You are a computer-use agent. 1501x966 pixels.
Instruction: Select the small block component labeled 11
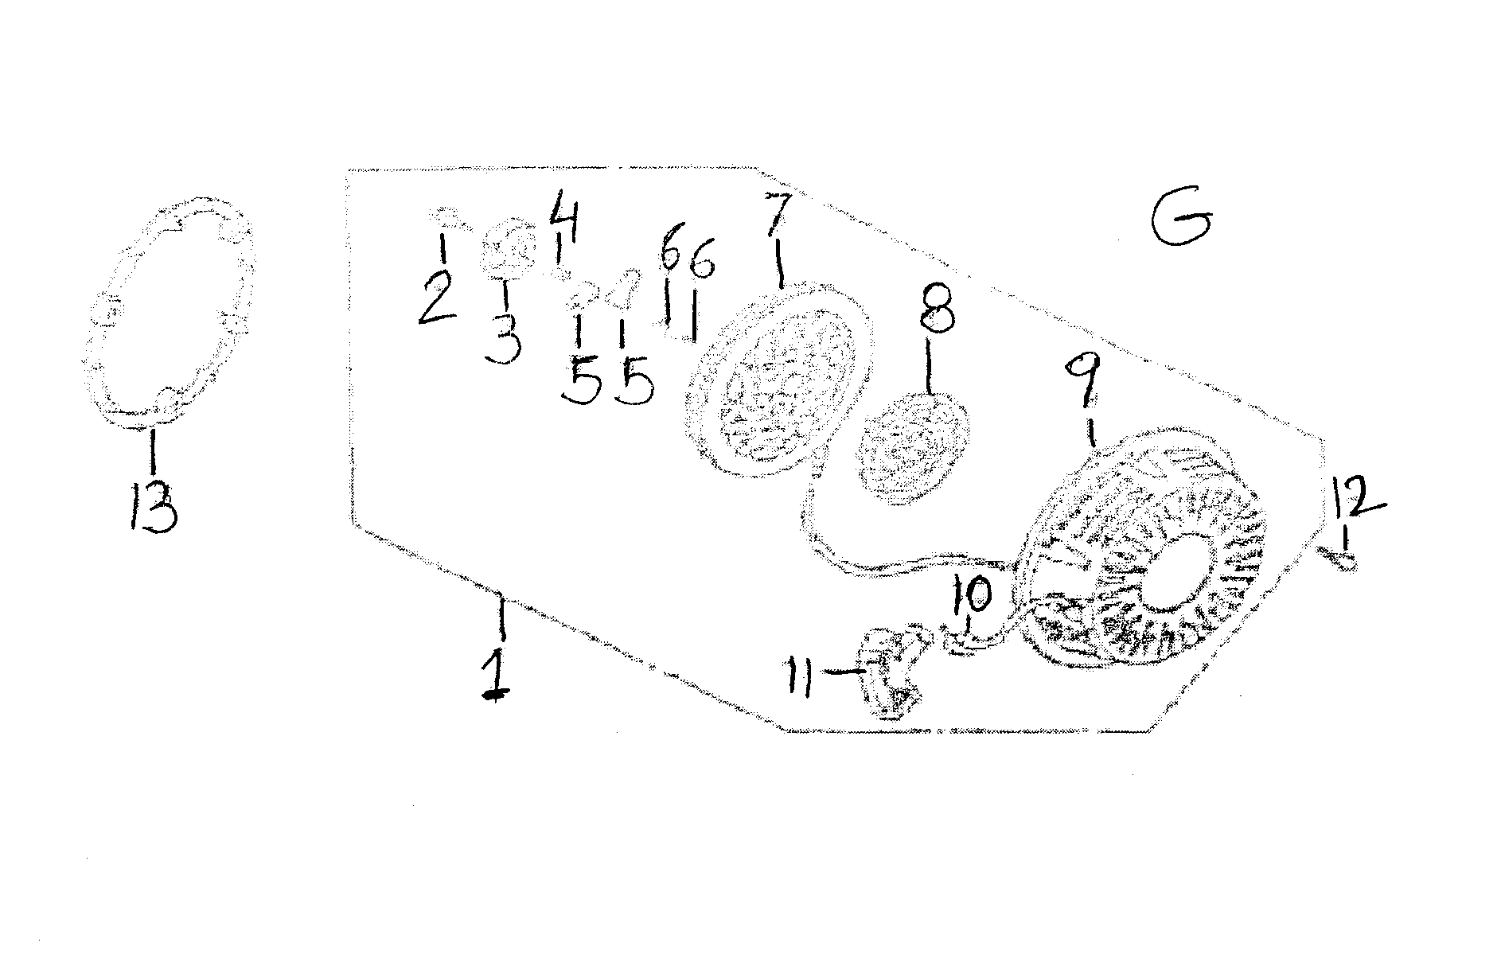[893, 672]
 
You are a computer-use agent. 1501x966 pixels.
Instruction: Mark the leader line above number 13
[152, 452]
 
